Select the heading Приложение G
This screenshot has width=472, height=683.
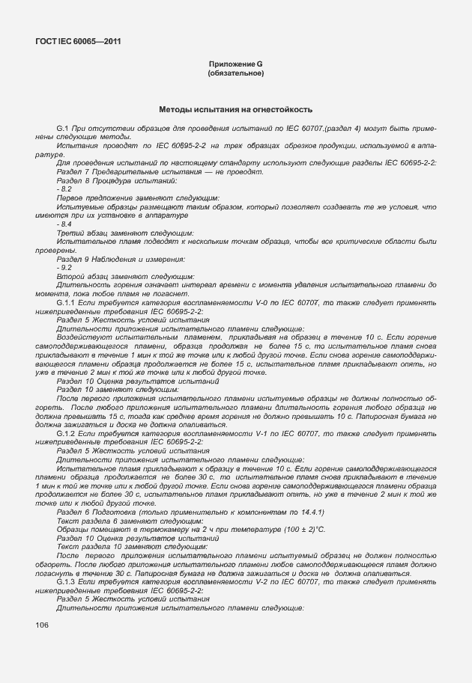click(x=235, y=65)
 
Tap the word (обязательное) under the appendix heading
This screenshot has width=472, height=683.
click(x=235, y=74)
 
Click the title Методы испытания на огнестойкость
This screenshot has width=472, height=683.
click(x=235, y=110)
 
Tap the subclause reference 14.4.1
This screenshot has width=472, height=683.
click(x=309, y=512)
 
